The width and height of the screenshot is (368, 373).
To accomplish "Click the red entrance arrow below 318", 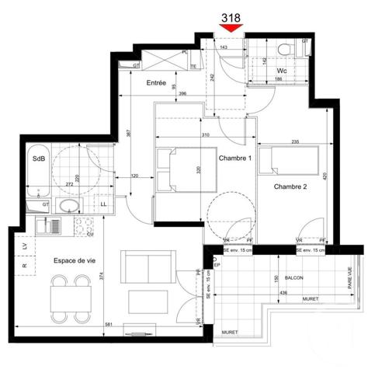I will tap(231, 28).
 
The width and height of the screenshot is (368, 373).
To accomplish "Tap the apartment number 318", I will tap(231, 16).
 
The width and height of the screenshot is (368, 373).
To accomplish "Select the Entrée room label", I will tap(157, 82).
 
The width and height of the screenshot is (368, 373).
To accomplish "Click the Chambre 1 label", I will tap(235, 159).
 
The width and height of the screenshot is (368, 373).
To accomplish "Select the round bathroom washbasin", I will tap(68, 206).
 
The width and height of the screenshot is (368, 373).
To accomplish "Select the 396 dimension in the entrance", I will tap(182, 95).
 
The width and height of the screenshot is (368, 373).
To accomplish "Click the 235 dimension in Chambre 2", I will tap(296, 141).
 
